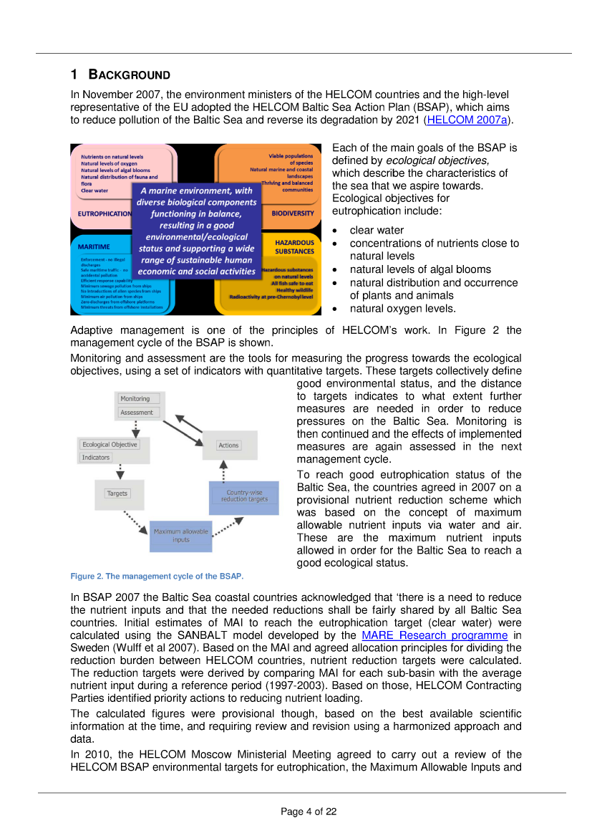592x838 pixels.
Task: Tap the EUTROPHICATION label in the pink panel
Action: coord(105,213)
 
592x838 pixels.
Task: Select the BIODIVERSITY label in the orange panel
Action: coord(292,213)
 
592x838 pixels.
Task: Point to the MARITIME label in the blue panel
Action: coord(94,246)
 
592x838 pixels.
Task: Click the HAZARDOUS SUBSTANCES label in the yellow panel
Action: coord(294,247)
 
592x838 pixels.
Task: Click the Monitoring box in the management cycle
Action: coord(135,399)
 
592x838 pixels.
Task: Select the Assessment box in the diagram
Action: coord(137,413)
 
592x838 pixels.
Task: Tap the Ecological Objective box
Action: coord(109,444)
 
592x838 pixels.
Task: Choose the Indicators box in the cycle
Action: coord(96,457)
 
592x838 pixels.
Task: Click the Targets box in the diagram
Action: coord(117,493)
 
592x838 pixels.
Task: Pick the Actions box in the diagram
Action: coord(228,446)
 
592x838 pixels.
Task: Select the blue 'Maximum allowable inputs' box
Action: coord(180,535)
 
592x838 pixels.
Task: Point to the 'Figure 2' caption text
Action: coord(157,576)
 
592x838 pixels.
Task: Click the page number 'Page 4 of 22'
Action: coord(309,811)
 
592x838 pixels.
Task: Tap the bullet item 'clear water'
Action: coord(377,230)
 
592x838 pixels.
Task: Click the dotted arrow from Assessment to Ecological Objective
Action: coord(136,428)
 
